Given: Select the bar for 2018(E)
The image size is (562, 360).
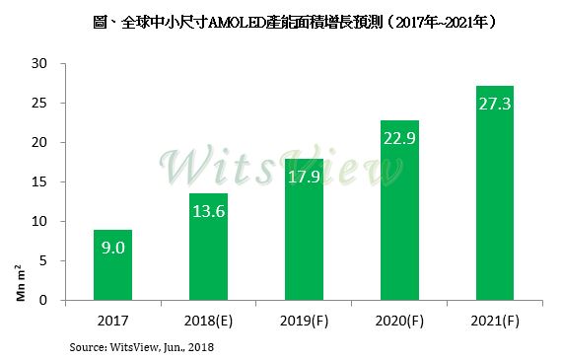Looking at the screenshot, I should click(209, 247).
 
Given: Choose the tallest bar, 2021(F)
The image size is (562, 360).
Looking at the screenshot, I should click(495, 192).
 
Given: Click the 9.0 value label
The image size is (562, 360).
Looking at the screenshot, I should click(112, 251).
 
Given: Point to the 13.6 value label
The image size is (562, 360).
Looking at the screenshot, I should click(209, 213).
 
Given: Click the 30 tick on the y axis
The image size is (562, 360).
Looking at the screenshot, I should click(39, 64).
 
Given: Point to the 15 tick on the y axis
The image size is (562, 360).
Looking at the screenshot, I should click(39, 182).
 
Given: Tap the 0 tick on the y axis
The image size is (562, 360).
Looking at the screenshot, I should click(43, 301).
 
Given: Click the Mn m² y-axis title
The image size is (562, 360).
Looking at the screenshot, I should click(19, 284).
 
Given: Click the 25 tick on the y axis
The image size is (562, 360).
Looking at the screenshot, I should click(39, 104).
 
